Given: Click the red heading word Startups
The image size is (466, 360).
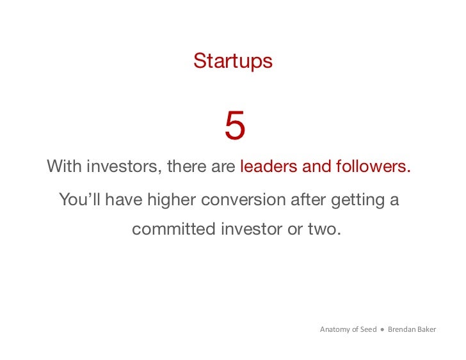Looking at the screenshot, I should (232, 61).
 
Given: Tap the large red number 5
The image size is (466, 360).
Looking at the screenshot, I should (234, 126).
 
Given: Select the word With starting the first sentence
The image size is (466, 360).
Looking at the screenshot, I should (64, 167).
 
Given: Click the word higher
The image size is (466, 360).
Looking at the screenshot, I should (172, 200).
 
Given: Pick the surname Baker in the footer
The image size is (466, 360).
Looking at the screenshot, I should (427, 330).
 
